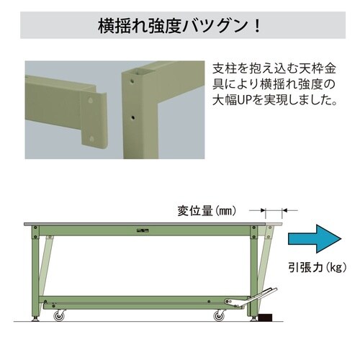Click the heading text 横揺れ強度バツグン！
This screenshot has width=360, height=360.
(180, 28)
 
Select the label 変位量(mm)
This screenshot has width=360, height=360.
(206, 211)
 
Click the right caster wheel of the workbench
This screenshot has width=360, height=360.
(218, 314)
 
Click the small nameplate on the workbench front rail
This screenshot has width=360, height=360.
(142, 230)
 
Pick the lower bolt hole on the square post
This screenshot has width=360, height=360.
(132, 114)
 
